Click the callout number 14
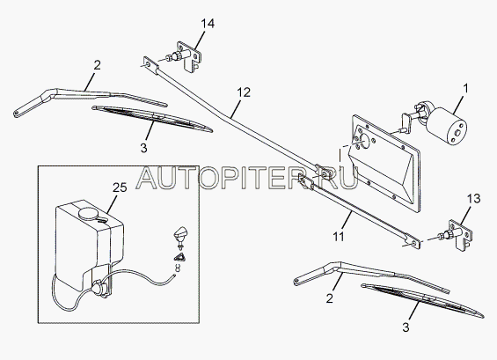pyautogui.click(x=208, y=24)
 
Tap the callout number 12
pyautogui.click(x=244, y=92)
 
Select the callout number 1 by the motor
pyautogui.click(x=465, y=89)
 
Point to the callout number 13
pyautogui.click(x=473, y=199)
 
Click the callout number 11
pyautogui.click(x=339, y=236)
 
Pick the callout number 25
pyautogui.click(x=120, y=187)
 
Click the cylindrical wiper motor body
pyautogui.click(x=446, y=123)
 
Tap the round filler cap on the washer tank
pyautogui.click(x=89, y=214)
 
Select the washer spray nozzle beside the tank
pyautogui.click(x=179, y=236)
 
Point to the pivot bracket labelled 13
pyautogui.click(x=458, y=235)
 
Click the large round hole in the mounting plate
pyautogui.click(x=364, y=142)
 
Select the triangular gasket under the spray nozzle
pyautogui.click(x=179, y=257)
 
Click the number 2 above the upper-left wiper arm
pyautogui.click(x=98, y=65)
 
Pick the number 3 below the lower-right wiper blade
pyautogui.click(x=406, y=327)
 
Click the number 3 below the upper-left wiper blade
pyautogui.click(x=143, y=148)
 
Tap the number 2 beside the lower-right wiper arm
pyautogui.click(x=330, y=298)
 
